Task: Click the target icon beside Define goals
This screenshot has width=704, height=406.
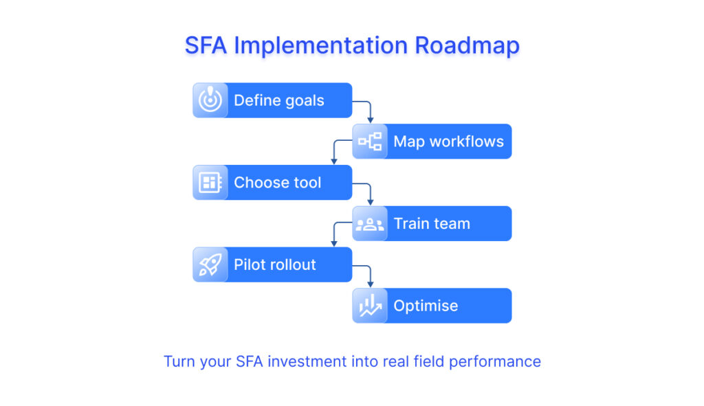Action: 210,100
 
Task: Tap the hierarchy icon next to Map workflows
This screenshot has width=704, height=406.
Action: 370,142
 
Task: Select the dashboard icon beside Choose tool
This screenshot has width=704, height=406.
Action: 210,183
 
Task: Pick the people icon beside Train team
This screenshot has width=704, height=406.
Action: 370,224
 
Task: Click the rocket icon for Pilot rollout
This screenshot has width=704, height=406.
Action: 210,264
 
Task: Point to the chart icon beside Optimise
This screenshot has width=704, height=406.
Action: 370,306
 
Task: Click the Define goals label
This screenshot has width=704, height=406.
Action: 278,100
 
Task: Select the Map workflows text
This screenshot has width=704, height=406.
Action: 448,142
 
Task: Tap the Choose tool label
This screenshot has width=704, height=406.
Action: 277,183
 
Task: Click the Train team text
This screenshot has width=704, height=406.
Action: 432,224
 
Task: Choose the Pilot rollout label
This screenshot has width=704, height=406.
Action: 274,264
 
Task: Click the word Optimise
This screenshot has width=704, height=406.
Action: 426,306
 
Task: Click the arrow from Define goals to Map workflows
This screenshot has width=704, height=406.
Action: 370,110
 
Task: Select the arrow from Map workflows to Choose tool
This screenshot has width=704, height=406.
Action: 334,151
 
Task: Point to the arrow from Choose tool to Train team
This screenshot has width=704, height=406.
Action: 370,192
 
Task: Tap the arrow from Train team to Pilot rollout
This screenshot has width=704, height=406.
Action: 334,234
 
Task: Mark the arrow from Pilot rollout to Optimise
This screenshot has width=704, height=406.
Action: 370,275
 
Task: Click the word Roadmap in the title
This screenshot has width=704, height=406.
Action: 467,45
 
